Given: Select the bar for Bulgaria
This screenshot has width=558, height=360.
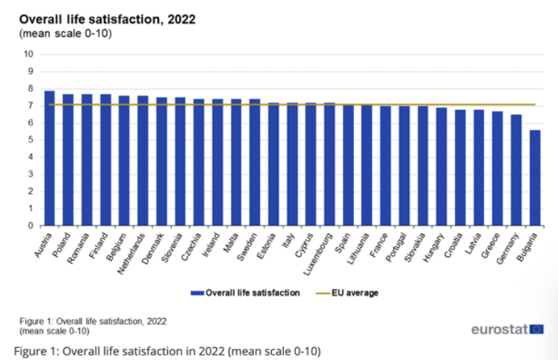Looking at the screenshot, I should coord(534,178).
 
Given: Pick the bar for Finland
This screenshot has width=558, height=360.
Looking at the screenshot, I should coord(105,160).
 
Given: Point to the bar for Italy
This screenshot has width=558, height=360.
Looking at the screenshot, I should coord(292,164).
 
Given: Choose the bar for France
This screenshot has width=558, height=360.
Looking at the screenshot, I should coord(385,166).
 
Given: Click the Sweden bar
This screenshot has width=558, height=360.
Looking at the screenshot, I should coord(255,162).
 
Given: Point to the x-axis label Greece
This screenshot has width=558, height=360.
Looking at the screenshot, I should coord(492,245).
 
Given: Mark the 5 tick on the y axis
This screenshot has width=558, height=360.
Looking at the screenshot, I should coord(31,140).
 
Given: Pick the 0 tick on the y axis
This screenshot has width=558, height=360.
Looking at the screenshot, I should coord(31,226).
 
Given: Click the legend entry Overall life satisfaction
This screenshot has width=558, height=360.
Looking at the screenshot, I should coord(247,293).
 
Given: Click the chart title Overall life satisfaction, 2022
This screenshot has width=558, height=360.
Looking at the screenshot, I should coord(108,19).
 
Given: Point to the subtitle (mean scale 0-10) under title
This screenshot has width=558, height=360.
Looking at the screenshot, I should coord(65,34).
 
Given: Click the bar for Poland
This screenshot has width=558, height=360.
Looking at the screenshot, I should coord(68,160).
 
